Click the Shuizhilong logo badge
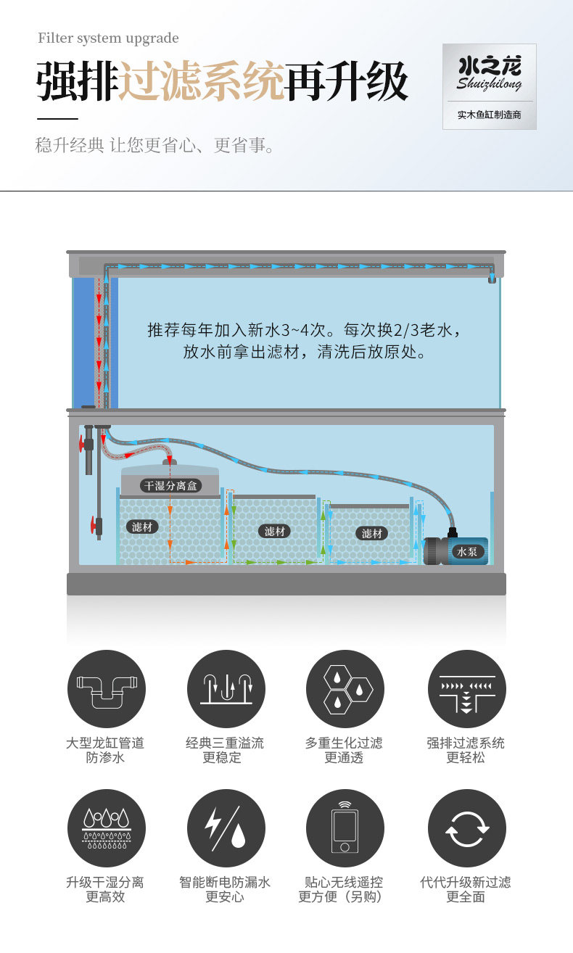pos(490,86)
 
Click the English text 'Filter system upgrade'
pos(108,38)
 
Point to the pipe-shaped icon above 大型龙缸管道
pos(106,689)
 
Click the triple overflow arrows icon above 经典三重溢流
pos(226,689)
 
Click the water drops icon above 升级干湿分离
pos(106,828)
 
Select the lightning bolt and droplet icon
pos(226,828)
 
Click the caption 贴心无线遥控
pos(344,883)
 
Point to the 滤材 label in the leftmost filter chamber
pos(142,527)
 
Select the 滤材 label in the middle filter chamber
pos(275,532)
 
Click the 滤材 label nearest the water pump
pos(371,534)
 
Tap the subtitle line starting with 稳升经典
pos(156,146)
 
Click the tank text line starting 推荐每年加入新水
pos(304,331)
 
